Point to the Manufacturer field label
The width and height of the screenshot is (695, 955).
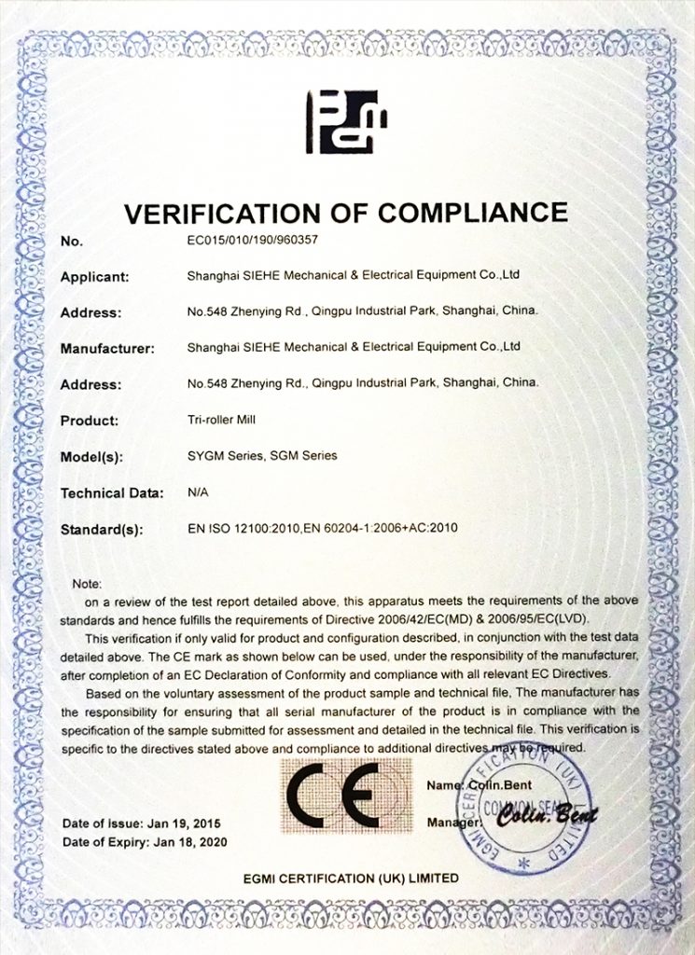[107, 349]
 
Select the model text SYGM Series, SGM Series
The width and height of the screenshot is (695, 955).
[262, 456]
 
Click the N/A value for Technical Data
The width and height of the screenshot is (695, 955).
[197, 491]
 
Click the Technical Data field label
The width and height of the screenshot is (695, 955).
[112, 492]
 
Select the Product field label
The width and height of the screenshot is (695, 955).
[90, 421]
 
